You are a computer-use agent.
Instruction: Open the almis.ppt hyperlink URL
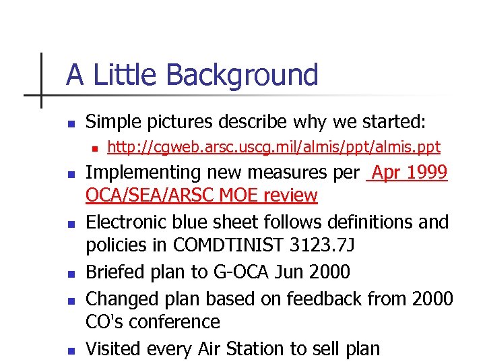(x=273, y=147)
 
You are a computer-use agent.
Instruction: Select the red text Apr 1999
(x=409, y=173)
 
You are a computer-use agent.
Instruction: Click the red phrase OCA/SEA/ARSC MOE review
(x=201, y=195)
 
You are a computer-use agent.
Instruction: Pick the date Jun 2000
(x=314, y=272)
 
